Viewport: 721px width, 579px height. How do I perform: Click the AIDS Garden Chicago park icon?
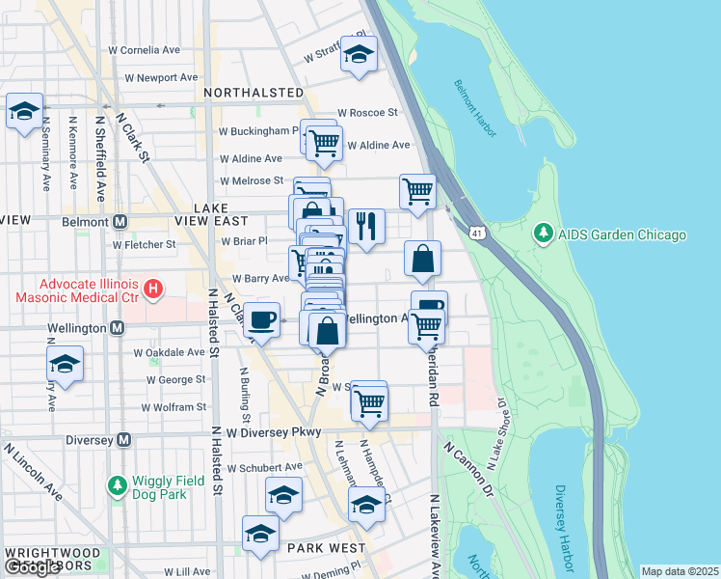pyautogui.click(x=544, y=234)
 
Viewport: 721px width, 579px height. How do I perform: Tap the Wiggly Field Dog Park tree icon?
pyautogui.click(x=117, y=484)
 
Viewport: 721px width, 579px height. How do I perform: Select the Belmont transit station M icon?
pyautogui.click(x=120, y=221)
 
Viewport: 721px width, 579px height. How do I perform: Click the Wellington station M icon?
pyautogui.click(x=117, y=328)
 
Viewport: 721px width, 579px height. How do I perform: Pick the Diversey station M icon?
pyautogui.click(x=123, y=440)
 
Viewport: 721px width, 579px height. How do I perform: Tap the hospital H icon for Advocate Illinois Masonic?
pyautogui.click(x=151, y=288)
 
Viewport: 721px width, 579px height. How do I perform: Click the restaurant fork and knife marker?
pyautogui.click(x=366, y=227)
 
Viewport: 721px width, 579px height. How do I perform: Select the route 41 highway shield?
pyautogui.click(x=478, y=233)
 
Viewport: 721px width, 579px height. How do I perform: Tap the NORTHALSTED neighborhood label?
pyautogui.click(x=254, y=94)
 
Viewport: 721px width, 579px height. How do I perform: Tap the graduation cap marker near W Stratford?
pyautogui.click(x=359, y=55)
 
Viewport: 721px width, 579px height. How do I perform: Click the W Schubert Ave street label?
pyautogui.click(x=264, y=467)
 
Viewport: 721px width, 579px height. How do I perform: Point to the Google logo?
pyautogui.click(x=33, y=567)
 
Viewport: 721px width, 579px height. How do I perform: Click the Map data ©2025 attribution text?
pyautogui.click(x=680, y=571)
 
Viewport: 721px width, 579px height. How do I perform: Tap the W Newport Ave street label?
pyautogui.click(x=153, y=77)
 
